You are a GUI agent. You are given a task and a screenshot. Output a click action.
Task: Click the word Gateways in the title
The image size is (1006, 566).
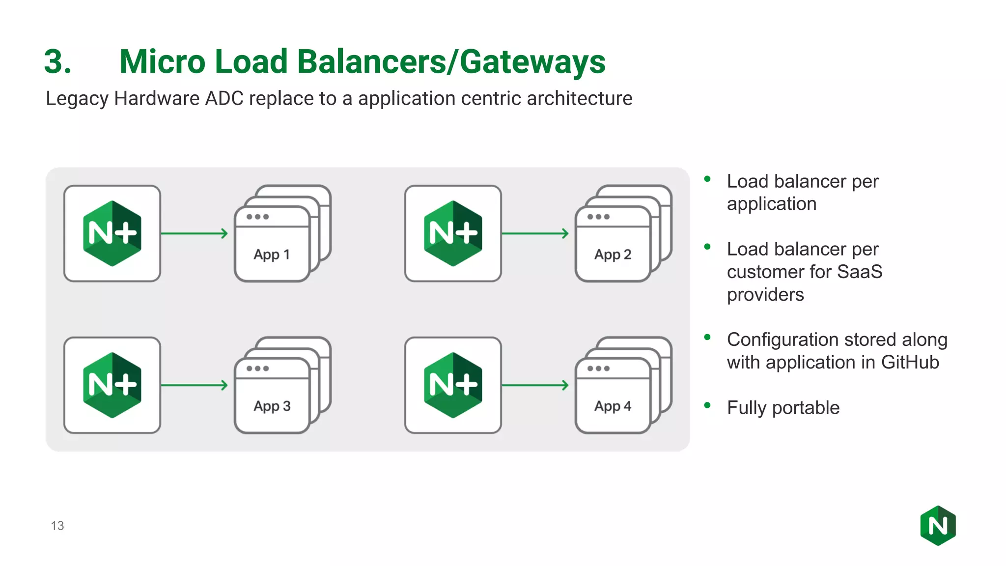coord(532,62)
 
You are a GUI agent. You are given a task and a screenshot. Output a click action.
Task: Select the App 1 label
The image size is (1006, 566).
coord(272,255)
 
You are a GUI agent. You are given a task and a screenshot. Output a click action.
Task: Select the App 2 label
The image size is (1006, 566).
coord(613,255)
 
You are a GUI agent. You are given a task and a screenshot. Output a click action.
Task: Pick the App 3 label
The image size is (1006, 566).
coord(272,406)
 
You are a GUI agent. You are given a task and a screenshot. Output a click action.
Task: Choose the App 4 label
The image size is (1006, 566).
coord(613,406)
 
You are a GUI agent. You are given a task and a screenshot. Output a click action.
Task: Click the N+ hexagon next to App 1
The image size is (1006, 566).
coord(112,233)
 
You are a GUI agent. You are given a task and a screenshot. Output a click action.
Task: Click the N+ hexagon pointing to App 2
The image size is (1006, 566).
coord(453,233)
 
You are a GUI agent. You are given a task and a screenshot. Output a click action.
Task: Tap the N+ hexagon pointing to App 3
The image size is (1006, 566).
coord(112,385)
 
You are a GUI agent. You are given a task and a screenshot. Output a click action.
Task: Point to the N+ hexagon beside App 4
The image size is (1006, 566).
coord(453,385)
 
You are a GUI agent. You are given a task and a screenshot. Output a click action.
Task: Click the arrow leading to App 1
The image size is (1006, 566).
coord(195,233)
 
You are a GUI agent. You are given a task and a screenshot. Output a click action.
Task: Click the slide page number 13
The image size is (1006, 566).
coord(57,526)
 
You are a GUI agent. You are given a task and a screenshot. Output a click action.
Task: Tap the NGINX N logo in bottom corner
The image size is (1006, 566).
coord(938,526)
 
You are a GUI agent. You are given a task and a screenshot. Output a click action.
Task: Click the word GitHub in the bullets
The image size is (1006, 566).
coord(910,363)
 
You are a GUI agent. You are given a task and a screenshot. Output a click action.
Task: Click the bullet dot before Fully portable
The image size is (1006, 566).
coord(707,405)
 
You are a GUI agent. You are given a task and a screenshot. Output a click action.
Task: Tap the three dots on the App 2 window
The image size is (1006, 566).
coord(598,217)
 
